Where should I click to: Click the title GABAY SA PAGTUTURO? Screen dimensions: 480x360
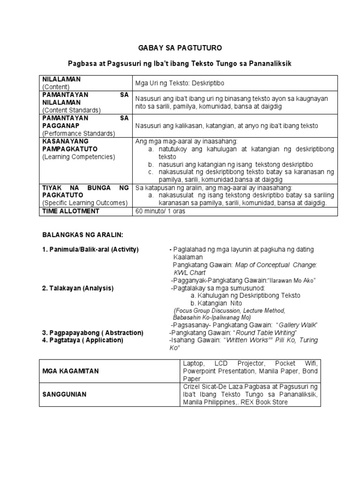[180, 48]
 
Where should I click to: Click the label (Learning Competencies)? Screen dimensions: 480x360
[78, 157]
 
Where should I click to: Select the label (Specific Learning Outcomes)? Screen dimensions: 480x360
[85, 203]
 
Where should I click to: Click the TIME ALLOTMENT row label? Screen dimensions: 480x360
[71, 211]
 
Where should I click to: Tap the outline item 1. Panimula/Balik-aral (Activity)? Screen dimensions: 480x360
[90, 249]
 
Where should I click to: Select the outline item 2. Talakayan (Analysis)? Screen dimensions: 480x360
[78, 288]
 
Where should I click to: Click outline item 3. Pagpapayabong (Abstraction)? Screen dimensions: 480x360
[92, 332]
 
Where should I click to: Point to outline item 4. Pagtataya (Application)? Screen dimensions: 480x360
[82, 340]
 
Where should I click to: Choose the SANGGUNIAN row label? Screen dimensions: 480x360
[65, 394]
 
